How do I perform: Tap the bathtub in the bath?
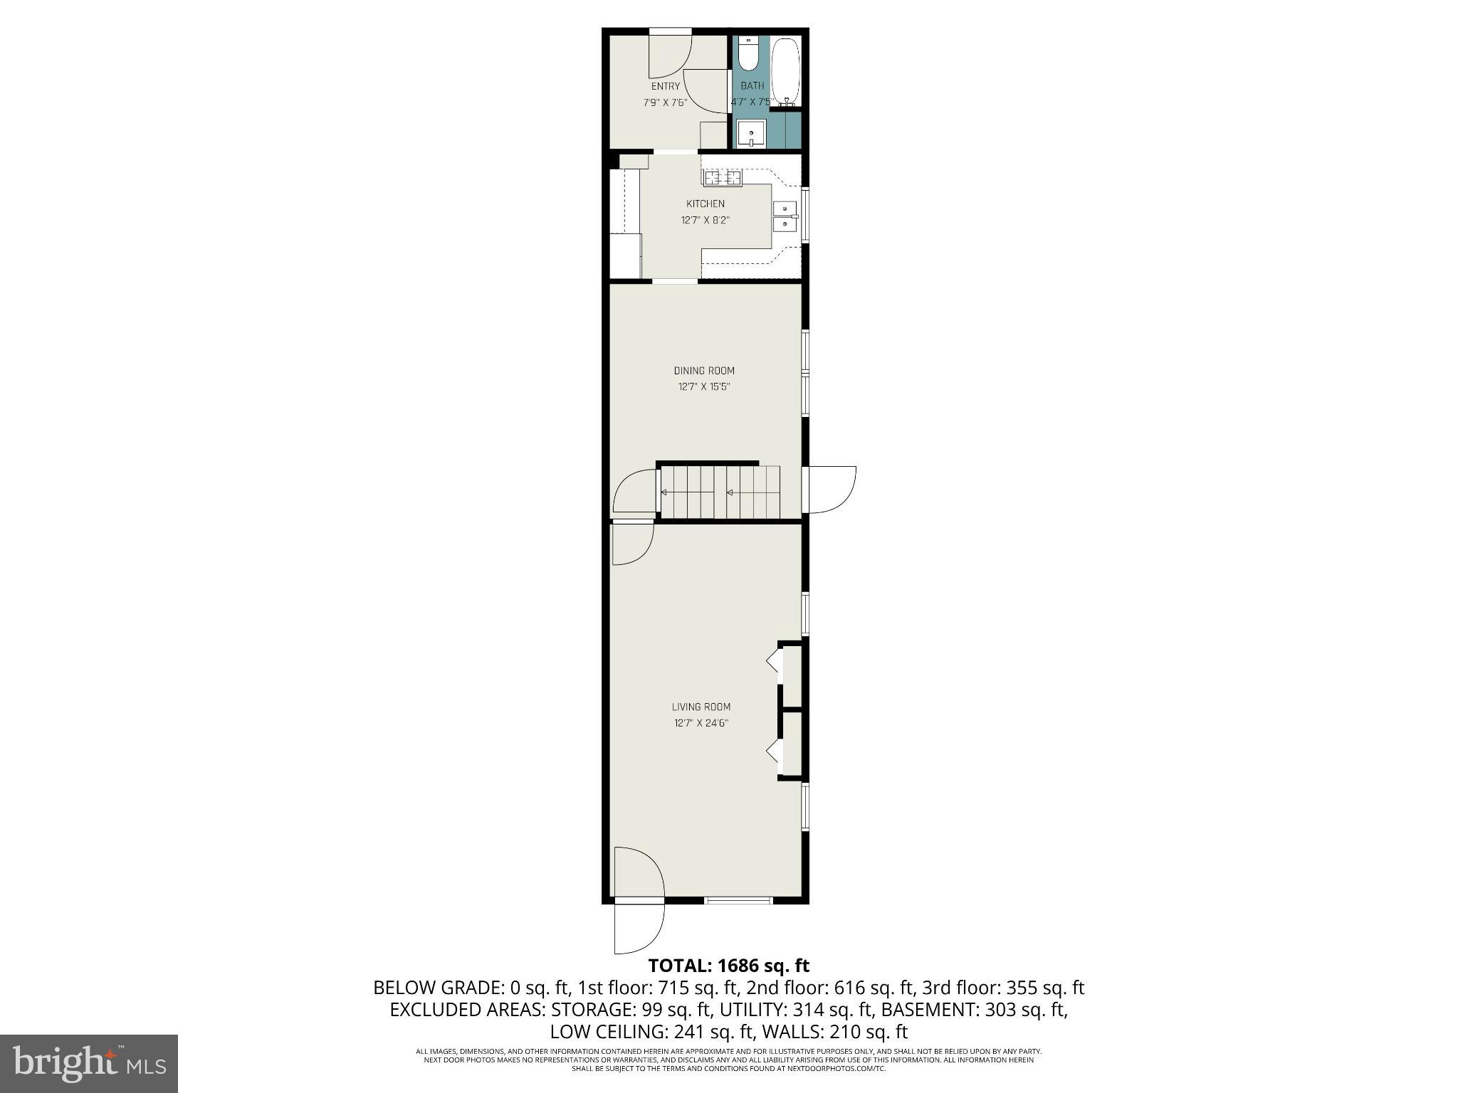point(785,71)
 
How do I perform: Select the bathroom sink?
point(750,133)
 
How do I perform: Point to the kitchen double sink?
point(785,216)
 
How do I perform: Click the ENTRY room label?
point(665,87)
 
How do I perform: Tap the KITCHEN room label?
point(705,204)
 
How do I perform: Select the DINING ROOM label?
point(704,371)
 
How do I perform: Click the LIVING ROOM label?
point(701,707)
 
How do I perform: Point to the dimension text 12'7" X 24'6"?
point(701,724)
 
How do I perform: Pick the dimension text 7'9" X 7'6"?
point(665,102)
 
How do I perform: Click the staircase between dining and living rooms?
point(720,492)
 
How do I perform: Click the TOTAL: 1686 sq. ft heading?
point(728,966)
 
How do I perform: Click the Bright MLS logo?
point(89,1063)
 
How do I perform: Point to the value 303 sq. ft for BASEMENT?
point(1026,1010)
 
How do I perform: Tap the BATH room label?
point(752,86)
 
